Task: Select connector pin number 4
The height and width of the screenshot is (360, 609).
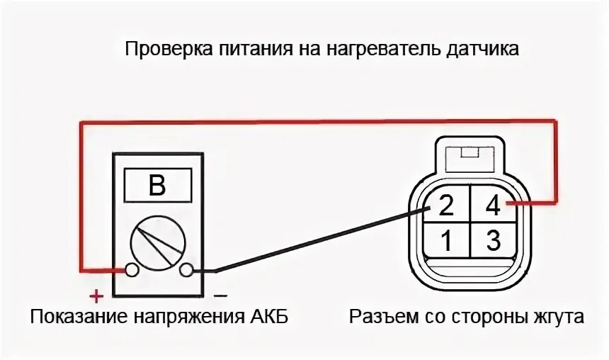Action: pyautogui.click(x=494, y=206)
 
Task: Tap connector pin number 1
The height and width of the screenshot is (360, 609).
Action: pyautogui.click(x=446, y=241)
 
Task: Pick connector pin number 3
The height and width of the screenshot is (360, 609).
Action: pyautogui.click(x=494, y=241)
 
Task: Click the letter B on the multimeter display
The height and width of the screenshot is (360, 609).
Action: pyautogui.click(x=157, y=186)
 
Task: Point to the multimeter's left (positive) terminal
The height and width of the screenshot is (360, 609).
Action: pyautogui.click(x=131, y=270)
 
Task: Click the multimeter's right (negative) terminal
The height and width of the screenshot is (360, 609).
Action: pyautogui.click(x=187, y=270)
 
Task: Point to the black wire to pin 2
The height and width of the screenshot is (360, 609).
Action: pyautogui.click(x=319, y=239)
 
